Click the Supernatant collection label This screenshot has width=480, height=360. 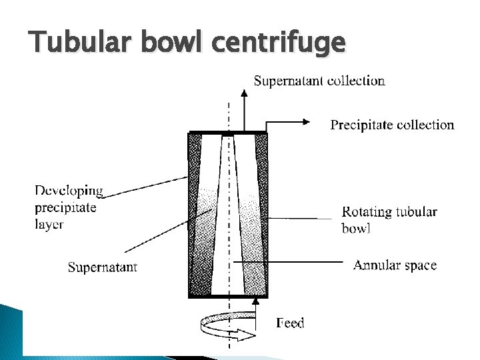319,81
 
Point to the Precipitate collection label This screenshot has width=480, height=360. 392,125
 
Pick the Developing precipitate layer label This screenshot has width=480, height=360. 69,207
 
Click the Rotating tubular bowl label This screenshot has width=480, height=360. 389,219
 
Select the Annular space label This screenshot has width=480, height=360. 395,265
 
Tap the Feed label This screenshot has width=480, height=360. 290,323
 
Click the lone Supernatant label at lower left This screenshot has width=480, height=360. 103,267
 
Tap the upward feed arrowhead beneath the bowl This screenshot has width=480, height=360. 255,302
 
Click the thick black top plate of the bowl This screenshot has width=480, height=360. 228,133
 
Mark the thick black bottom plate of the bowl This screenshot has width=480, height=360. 228,295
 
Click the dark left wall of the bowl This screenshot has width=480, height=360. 195,213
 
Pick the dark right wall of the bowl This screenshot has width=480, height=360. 261,213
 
